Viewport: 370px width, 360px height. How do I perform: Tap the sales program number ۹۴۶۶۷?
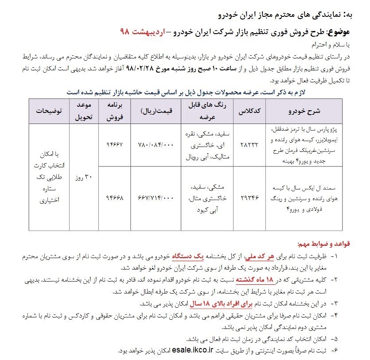click(x=113, y=145)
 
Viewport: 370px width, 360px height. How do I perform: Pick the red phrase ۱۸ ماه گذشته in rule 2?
click(x=254, y=280)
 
